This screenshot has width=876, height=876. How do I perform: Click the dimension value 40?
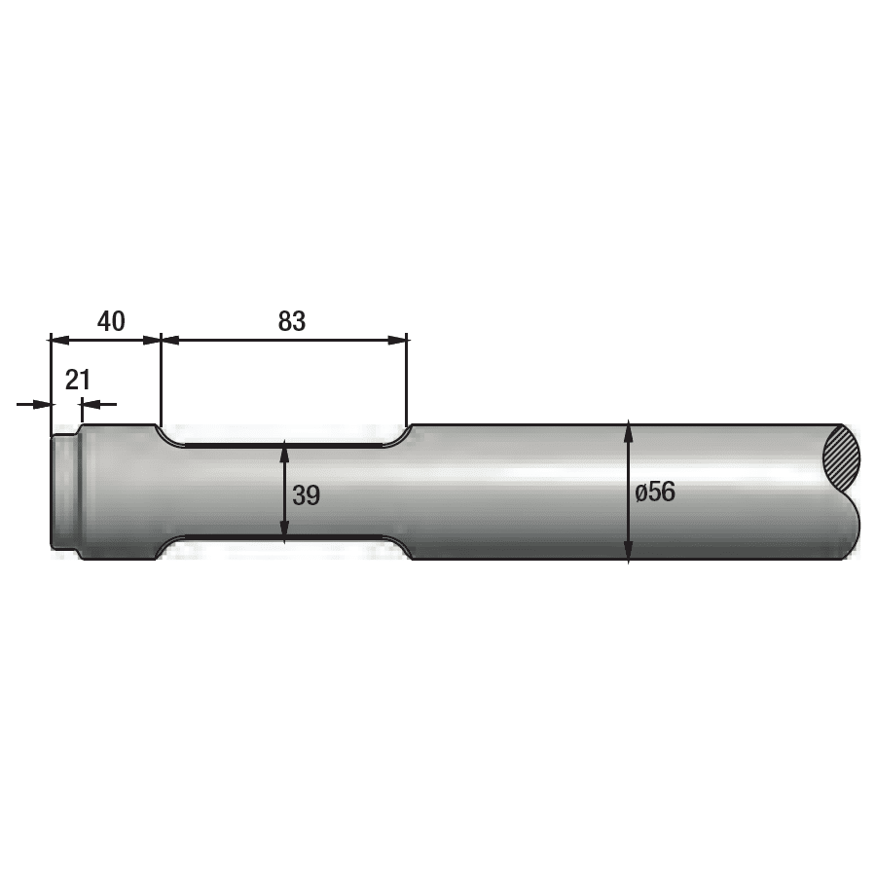[112, 321]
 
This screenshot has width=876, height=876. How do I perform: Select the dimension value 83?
[291, 321]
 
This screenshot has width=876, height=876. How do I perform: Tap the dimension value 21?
[78, 380]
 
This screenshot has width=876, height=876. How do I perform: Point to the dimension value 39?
[306, 494]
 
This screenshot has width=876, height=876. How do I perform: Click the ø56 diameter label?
[655, 492]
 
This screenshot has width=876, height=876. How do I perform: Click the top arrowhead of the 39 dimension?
[284, 451]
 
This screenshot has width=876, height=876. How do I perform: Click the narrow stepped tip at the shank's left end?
[64, 493]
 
